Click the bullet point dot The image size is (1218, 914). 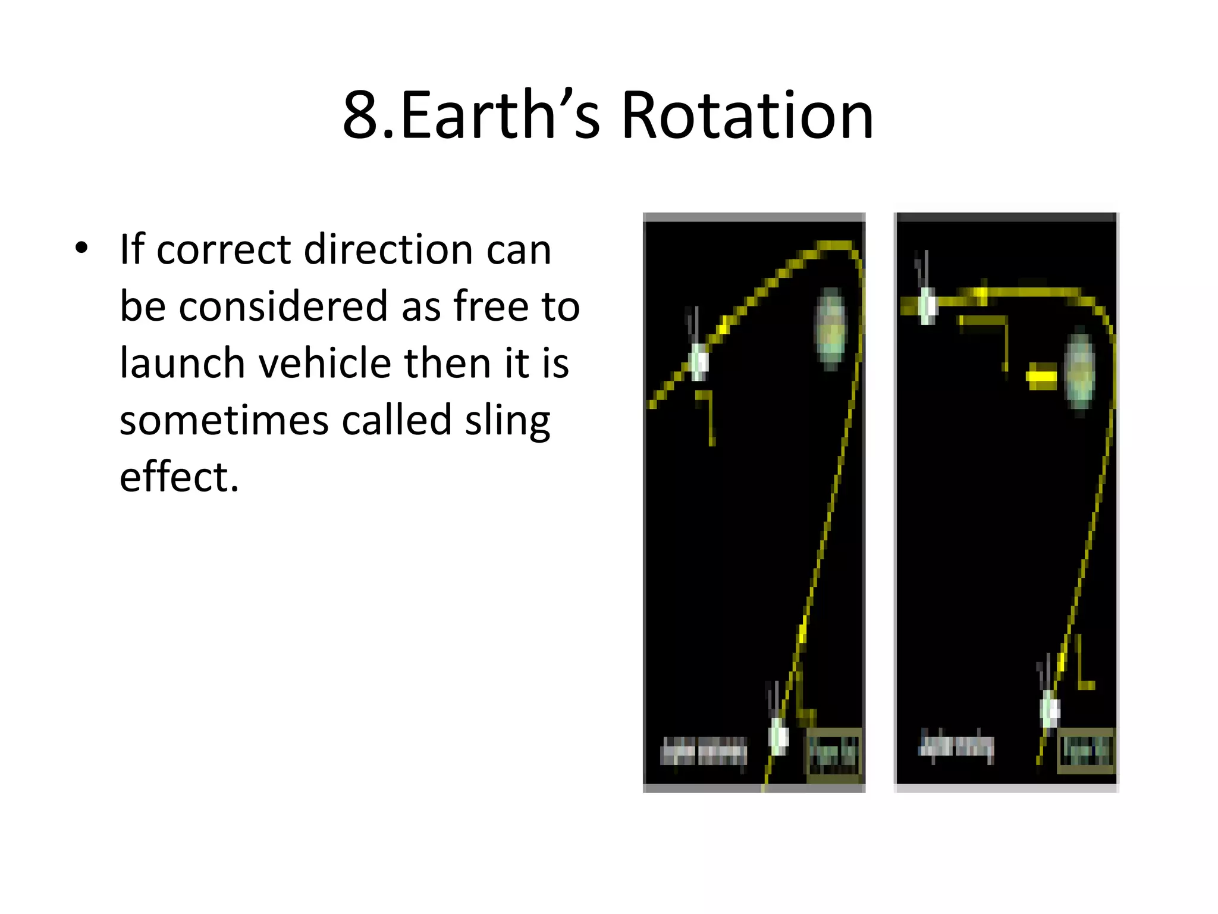point(81,248)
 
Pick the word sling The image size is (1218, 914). point(507,421)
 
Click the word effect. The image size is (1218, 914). point(178,477)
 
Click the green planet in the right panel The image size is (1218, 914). point(1079,372)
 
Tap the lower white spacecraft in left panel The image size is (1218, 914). point(778,735)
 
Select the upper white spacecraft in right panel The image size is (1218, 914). point(927,305)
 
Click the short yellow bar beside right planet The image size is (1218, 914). point(1041,377)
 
